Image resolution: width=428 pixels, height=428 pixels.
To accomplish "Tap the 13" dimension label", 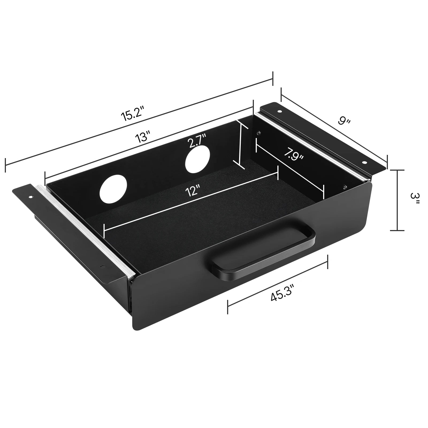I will pyautogui.click(x=143, y=137).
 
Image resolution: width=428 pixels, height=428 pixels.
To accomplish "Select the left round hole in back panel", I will pyautogui.click(x=113, y=189).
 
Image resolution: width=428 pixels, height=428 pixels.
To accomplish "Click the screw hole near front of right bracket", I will pyautogui.click(x=364, y=162).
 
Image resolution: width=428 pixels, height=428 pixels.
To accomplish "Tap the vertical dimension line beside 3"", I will pyautogui.click(x=397, y=200).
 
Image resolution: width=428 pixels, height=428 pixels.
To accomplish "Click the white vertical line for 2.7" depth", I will pyautogui.click(x=240, y=144).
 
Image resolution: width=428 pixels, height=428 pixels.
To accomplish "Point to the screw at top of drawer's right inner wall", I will pyautogui.click(x=258, y=133).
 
